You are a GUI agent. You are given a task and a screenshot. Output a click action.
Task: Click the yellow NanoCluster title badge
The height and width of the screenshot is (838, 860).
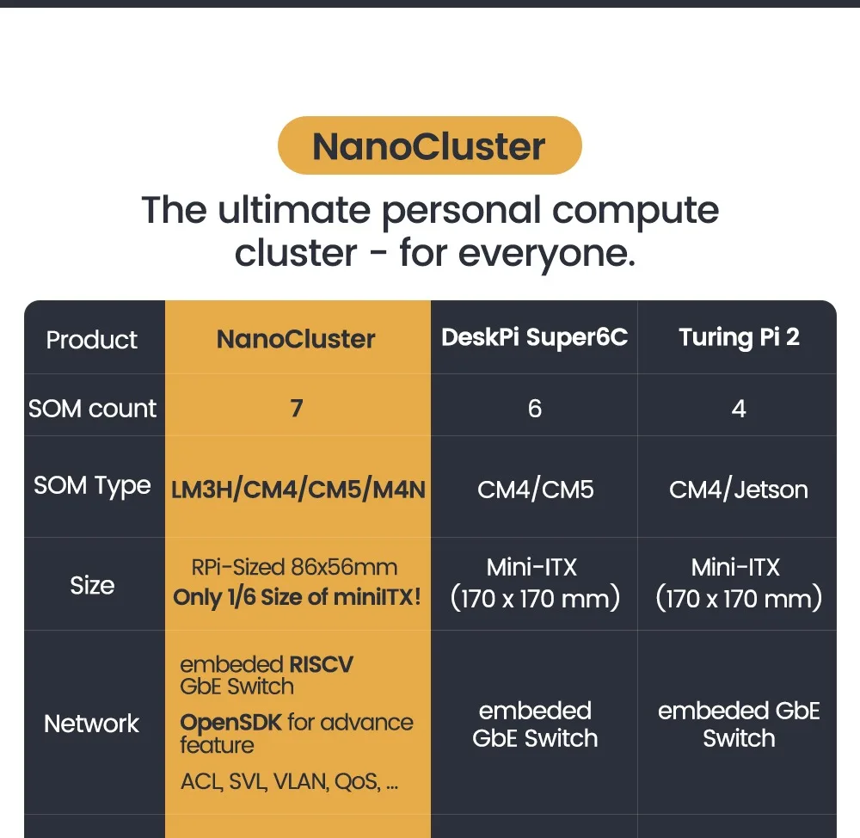tap(429, 146)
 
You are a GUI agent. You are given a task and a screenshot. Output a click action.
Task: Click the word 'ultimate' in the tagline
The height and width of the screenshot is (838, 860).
tap(296, 211)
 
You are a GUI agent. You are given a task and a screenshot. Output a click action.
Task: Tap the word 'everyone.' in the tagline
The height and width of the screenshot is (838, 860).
tap(547, 254)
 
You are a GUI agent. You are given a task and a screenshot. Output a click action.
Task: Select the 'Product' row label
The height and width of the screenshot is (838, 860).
tap(92, 340)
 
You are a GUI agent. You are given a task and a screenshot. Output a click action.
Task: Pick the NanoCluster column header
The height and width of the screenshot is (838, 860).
tap(296, 339)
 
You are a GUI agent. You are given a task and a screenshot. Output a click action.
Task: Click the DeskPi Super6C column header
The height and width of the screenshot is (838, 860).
tap(534, 337)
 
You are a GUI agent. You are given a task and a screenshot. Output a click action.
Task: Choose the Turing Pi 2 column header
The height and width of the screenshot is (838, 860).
tap(739, 337)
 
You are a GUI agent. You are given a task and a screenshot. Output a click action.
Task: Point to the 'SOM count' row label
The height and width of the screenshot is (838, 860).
tap(92, 409)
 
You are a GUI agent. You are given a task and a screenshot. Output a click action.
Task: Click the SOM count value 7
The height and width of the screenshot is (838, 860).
tap(297, 408)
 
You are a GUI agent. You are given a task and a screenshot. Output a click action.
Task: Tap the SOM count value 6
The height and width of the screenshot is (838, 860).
tap(534, 408)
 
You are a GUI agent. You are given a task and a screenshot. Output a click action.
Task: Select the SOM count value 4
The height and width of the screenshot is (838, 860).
tap(739, 408)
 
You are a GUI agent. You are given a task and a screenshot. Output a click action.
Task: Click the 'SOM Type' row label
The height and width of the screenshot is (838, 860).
tap(92, 486)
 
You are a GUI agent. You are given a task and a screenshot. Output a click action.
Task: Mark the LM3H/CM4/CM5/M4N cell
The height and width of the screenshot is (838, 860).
tap(298, 490)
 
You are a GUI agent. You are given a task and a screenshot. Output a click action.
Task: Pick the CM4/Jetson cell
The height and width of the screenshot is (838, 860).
tap(739, 490)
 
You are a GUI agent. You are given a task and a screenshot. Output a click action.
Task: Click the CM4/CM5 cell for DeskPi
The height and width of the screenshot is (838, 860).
tap(535, 490)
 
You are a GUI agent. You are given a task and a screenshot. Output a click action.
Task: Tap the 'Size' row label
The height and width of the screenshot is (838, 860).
tap(92, 586)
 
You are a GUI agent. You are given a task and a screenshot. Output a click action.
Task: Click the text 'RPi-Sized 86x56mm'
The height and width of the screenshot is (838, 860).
tap(294, 568)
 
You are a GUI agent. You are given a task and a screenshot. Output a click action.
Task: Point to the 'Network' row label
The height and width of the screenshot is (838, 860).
tap(92, 724)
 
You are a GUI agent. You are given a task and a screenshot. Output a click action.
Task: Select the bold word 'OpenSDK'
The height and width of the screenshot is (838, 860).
tap(230, 723)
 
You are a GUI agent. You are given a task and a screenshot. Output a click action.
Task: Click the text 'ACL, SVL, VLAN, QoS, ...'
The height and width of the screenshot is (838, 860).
tap(289, 782)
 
